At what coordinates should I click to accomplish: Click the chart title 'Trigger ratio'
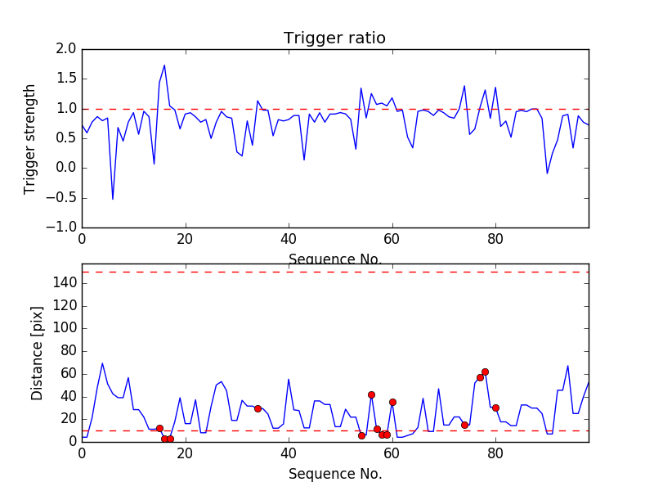pos(334,38)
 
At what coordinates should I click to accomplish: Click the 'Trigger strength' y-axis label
pos(30,138)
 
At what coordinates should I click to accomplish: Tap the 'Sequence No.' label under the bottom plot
pos(334,474)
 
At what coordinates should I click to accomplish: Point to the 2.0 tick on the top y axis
pos(66,50)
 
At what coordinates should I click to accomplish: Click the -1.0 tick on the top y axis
pos(63,227)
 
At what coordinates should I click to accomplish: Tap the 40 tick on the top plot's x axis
pos(289,239)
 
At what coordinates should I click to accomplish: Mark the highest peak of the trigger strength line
pos(164,65)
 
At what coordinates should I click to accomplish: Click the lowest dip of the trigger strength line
pos(113,199)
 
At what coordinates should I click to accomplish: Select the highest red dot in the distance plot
pos(485,372)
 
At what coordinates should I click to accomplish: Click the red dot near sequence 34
pos(258,408)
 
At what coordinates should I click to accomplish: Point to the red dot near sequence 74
pos(464,425)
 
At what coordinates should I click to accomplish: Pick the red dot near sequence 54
pos(361,435)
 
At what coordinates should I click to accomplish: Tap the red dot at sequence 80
pos(495,408)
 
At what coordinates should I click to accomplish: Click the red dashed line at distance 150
pos(334,272)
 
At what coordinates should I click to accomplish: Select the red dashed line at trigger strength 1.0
pos(334,109)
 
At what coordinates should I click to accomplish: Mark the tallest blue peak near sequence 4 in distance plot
pos(102,363)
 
